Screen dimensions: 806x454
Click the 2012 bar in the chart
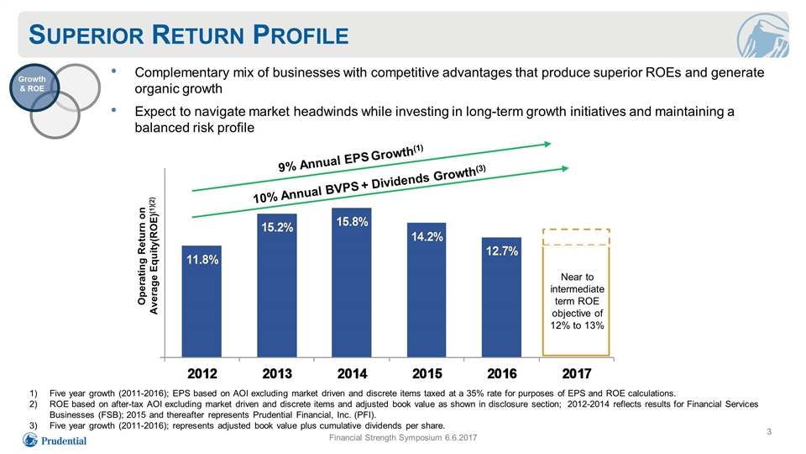tap(201, 301)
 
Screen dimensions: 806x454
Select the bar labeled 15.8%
tap(352, 282)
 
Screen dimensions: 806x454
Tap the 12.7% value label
tap(502, 251)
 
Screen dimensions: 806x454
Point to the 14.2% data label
tap(427, 237)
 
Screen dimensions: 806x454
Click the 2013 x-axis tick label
tap(277, 373)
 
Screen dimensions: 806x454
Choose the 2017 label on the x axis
tap(577, 373)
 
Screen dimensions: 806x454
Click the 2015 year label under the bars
tap(427, 373)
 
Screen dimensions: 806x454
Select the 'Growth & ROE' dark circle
tap(34, 87)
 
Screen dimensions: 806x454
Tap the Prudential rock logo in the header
tap(763, 35)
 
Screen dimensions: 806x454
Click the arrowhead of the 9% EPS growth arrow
tap(548, 144)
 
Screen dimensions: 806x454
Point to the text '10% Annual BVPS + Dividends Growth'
tap(369, 184)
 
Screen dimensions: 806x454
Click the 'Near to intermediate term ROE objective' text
tap(577, 301)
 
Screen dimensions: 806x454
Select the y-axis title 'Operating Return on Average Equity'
tap(148, 256)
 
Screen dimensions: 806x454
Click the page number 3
tap(769, 431)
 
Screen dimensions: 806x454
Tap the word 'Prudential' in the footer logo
tap(64, 441)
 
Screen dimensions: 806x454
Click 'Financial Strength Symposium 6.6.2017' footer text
tap(403, 437)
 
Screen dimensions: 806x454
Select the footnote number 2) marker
tap(34, 404)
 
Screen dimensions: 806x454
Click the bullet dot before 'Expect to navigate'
tap(113, 109)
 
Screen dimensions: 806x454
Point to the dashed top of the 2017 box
tap(576, 230)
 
